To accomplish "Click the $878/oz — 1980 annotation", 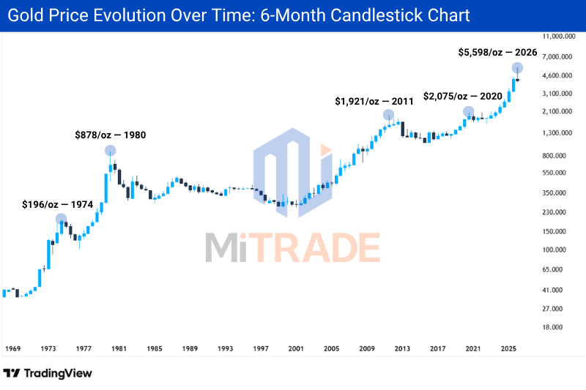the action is point(111,135).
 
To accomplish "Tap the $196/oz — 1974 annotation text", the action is point(58,205).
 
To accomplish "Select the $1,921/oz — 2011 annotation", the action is point(374,101).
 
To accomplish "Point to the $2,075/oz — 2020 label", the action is point(463,97).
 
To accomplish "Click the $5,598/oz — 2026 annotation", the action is point(497,52).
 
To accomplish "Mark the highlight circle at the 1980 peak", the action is point(111,151).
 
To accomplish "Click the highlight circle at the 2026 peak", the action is point(517,68).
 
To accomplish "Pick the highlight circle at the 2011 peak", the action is point(389,115).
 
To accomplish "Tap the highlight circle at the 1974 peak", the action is point(62,219).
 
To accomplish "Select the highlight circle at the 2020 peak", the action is point(469,112).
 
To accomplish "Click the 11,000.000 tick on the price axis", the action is point(559,36).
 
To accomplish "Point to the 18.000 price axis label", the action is point(552,327).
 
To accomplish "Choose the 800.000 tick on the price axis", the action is point(555,156).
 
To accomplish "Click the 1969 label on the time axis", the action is point(12,348).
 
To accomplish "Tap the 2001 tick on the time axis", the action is point(296,348).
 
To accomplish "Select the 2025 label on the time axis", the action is point(508,348).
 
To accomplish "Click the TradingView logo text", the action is point(58,373).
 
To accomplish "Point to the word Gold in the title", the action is point(25,15).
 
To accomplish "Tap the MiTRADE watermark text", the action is point(292,247).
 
